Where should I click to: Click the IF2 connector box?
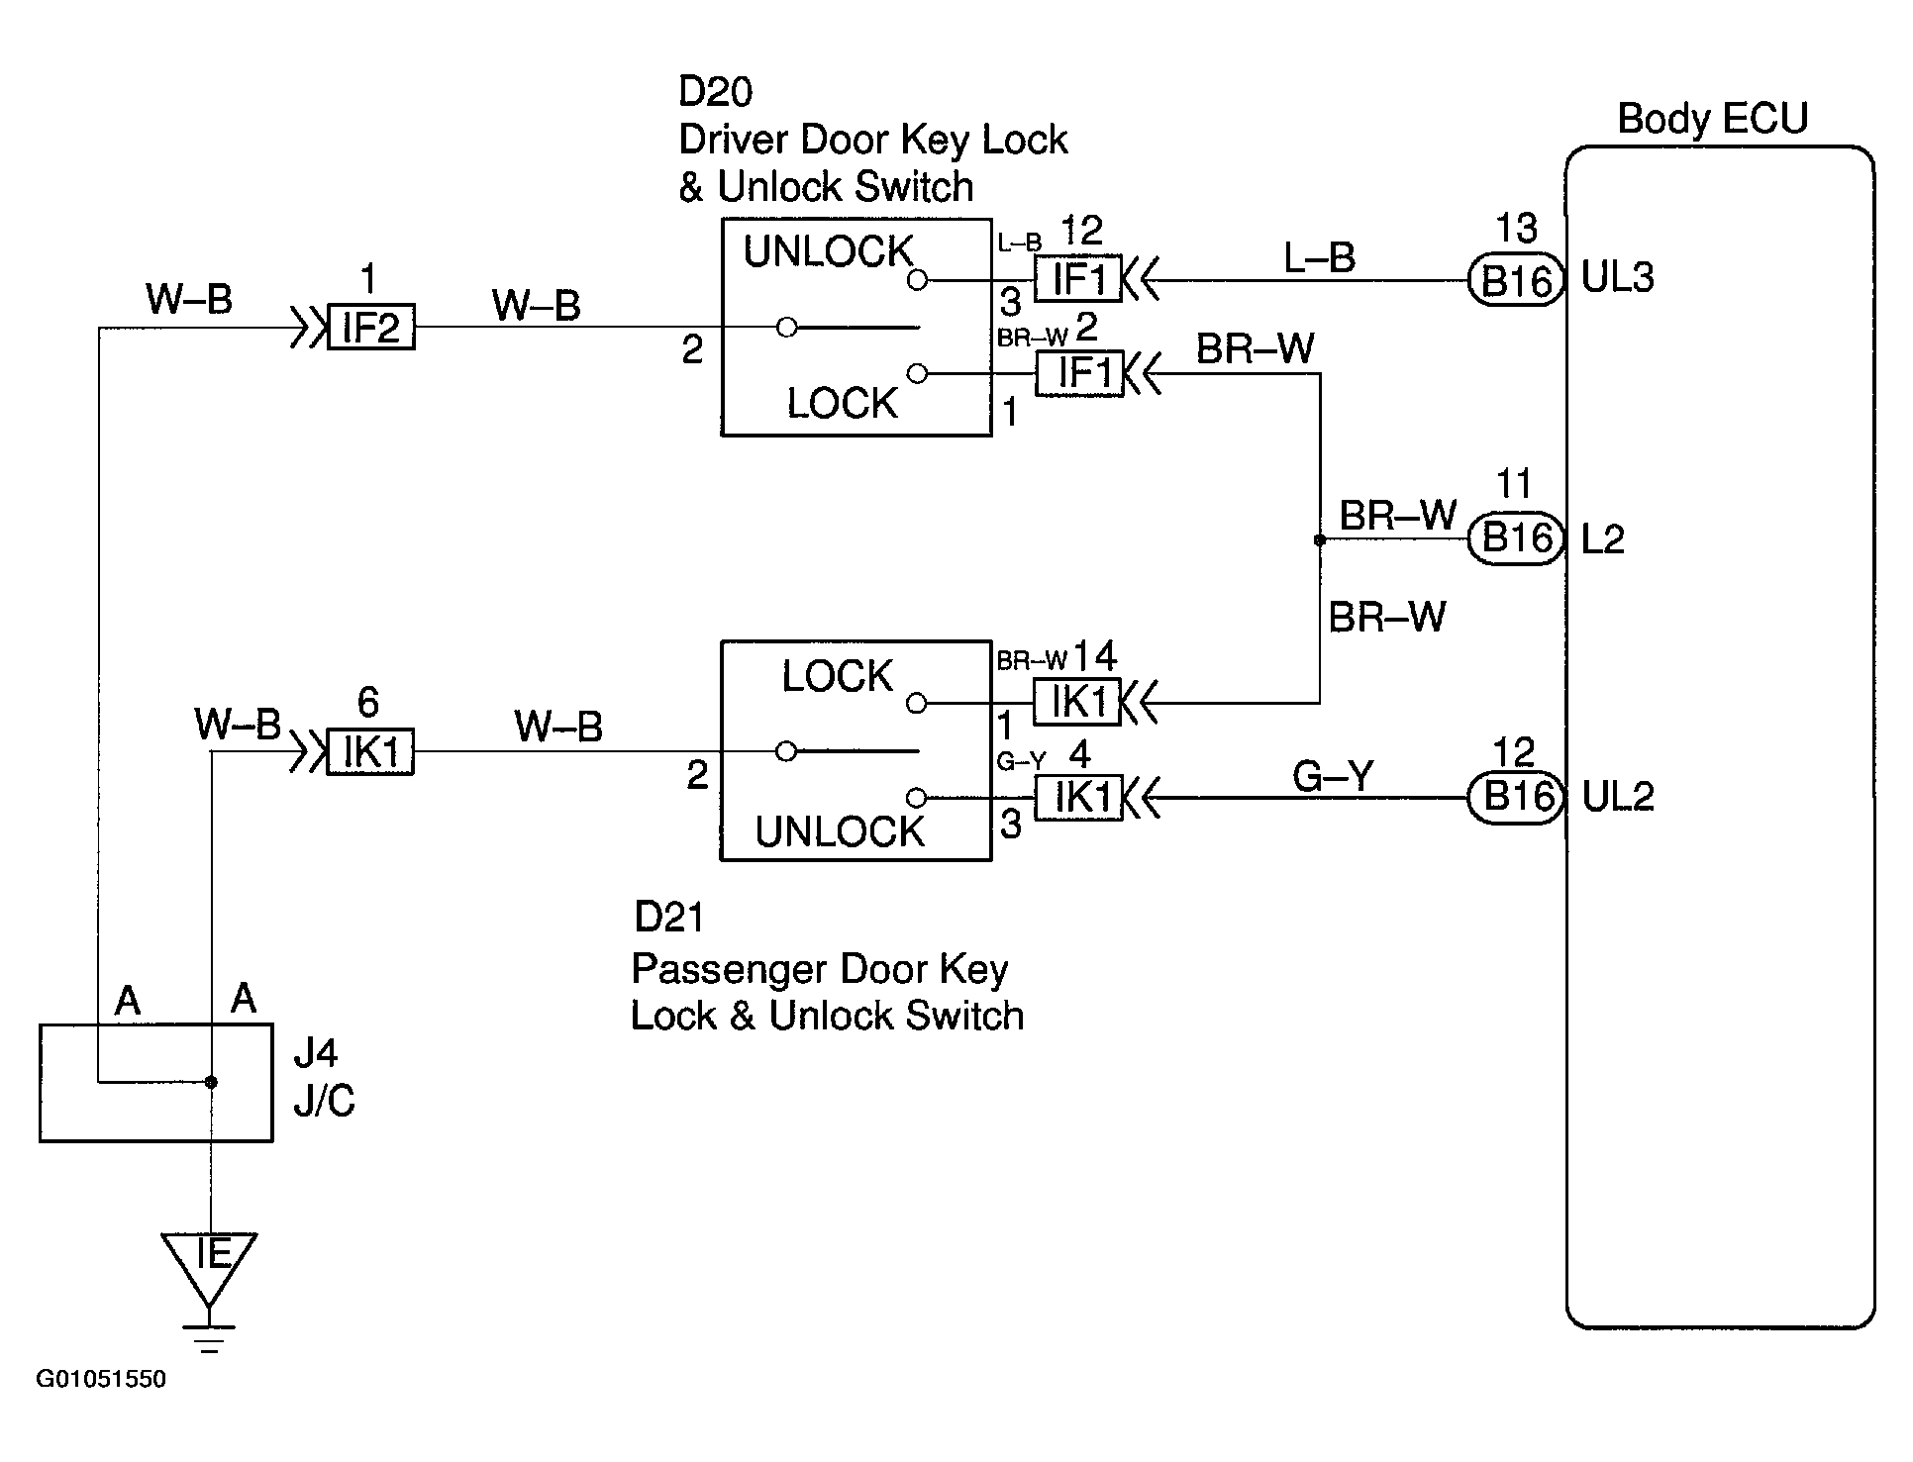[370, 328]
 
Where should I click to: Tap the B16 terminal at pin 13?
[1514, 281]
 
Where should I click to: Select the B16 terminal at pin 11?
[1514, 539]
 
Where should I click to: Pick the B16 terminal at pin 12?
[1514, 797]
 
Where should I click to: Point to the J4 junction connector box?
[156, 1083]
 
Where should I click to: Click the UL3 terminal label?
[1618, 279]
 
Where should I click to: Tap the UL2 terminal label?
[1618, 797]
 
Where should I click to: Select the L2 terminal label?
[1603, 539]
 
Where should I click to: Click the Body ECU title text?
[1712, 119]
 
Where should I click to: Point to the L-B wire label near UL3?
[1319, 258]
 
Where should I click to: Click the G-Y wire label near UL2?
[1333, 776]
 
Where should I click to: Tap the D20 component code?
[715, 91]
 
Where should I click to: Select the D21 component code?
[669, 918]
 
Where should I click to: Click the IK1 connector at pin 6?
[370, 752]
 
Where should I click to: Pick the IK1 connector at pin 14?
[1077, 703]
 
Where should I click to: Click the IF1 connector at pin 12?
[1079, 280]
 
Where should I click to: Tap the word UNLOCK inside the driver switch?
[828, 252]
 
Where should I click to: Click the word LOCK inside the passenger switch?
[838, 677]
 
